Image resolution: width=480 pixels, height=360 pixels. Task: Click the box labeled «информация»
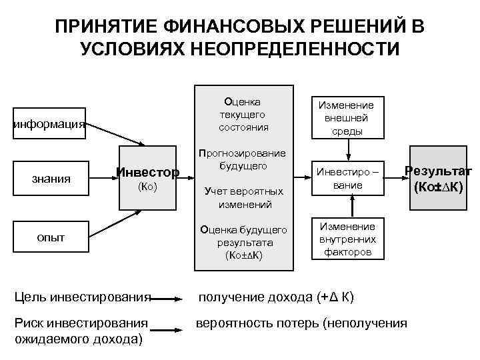tap(49, 123)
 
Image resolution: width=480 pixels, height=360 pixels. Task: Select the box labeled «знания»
tap(51, 178)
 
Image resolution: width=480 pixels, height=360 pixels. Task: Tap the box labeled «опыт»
tap(51, 237)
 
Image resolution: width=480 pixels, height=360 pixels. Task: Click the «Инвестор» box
tap(147, 173)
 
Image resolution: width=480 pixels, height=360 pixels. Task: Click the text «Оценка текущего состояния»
tap(243, 114)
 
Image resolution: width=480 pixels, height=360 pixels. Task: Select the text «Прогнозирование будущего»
tap(243, 159)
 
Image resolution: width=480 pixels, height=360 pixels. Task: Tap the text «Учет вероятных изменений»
tap(243, 197)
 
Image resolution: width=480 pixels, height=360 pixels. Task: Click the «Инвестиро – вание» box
tap(346, 179)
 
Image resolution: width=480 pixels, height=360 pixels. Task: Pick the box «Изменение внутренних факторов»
tap(346, 239)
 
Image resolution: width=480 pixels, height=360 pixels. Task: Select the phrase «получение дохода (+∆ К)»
tap(274, 297)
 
